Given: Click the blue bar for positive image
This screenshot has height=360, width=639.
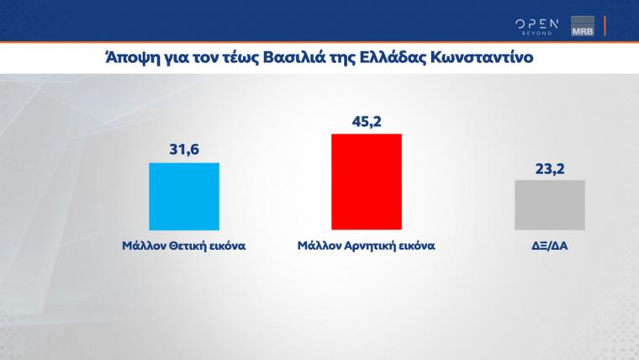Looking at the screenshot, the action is (184, 197).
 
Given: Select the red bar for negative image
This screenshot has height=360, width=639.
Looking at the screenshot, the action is (367, 182).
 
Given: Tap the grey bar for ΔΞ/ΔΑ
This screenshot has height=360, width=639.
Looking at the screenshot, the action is (550, 205).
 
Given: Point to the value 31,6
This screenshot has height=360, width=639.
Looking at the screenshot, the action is (184, 150).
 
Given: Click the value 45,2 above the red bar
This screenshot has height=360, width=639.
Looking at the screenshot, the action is (367, 122).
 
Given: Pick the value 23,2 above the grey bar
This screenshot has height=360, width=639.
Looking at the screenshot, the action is (550, 169).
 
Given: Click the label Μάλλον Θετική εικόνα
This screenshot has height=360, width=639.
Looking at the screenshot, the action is (184, 246).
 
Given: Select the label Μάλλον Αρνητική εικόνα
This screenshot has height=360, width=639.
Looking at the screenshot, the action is (367, 246).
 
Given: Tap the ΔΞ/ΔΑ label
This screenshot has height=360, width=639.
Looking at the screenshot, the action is (550, 246).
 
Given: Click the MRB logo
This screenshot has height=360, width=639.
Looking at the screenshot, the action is (583, 26).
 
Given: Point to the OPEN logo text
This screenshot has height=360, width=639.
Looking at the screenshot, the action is (536, 24).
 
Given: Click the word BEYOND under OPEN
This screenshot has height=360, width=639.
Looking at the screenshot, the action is (536, 33).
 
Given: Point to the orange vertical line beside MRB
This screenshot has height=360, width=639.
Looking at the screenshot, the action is (605, 26).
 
